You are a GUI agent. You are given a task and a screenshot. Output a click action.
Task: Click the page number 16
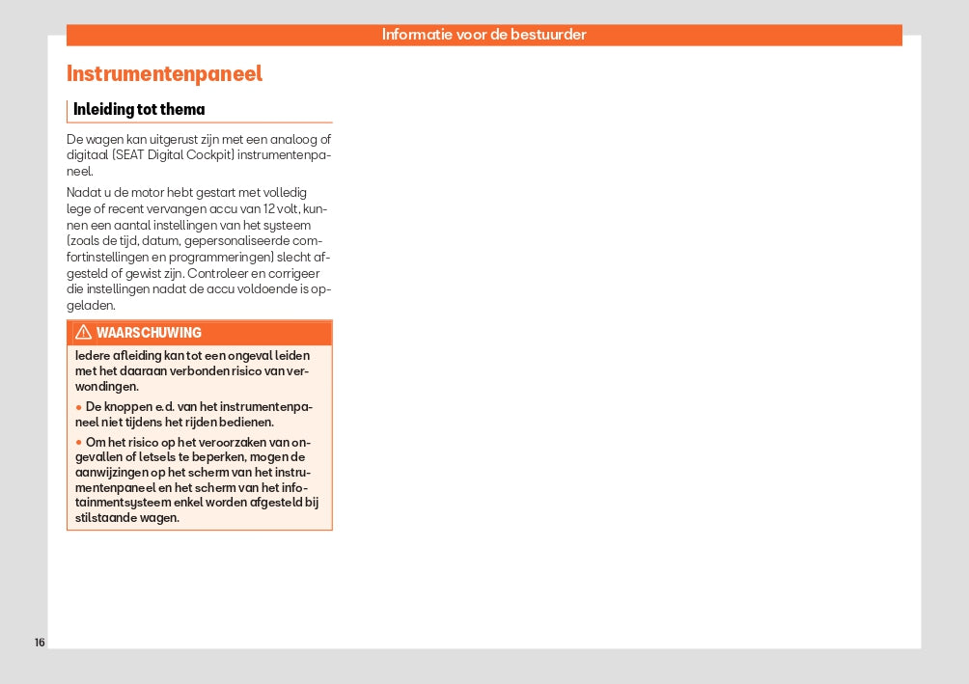(x=40, y=643)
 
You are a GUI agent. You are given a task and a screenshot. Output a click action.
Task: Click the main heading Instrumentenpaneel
(x=164, y=74)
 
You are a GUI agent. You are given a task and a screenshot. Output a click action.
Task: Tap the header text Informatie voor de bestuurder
(x=484, y=35)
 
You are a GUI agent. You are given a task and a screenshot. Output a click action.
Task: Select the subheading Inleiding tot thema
(x=139, y=110)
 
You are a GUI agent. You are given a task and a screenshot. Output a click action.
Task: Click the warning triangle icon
(x=84, y=333)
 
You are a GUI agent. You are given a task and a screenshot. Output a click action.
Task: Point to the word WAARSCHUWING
(x=149, y=333)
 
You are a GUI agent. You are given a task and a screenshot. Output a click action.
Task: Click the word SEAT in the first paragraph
(x=131, y=154)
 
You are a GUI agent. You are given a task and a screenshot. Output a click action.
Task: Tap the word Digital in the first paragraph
(x=168, y=154)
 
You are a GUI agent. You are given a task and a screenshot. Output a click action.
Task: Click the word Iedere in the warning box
(x=93, y=356)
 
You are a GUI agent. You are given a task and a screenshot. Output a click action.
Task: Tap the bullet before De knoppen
(x=78, y=407)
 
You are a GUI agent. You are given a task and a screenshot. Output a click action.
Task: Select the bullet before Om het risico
(x=78, y=443)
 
